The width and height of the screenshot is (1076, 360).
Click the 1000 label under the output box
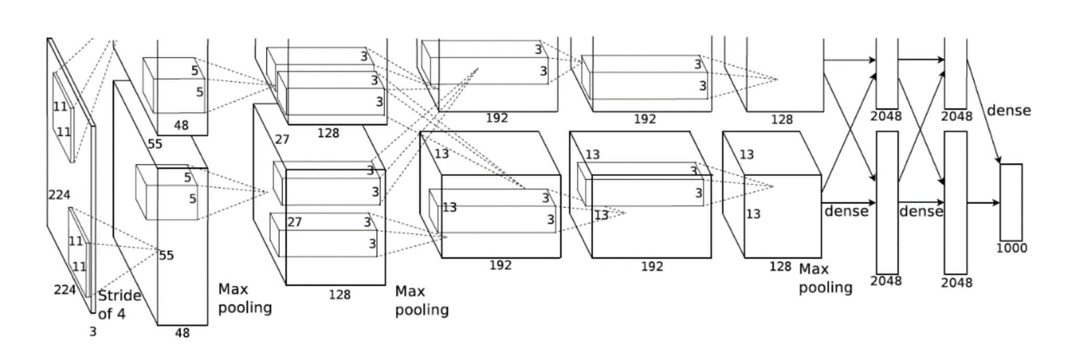[1011, 248]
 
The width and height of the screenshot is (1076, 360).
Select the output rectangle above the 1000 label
[1011, 202]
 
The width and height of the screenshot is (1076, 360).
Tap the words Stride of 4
[119, 305]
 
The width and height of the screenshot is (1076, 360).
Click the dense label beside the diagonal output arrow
[1009, 110]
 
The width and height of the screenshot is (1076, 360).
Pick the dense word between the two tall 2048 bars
[921, 211]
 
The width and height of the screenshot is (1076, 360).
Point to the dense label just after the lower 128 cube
[847, 211]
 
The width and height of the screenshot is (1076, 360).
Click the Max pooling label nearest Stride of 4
[245, 299]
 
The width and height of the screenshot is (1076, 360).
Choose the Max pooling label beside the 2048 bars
[825, 278]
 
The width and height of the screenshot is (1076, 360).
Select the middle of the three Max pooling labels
[421, 301]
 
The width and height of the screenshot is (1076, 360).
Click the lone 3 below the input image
[93, 332]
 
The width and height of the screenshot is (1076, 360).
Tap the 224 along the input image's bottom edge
[65, 290]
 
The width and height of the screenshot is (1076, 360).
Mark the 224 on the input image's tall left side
[59, 195]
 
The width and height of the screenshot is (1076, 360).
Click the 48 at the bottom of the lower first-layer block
[182, 333]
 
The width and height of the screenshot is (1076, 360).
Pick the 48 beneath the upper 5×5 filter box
[181, 125]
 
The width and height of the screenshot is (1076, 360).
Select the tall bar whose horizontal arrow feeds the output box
[956, 202]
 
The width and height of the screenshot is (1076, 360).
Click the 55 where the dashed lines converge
[166, 255]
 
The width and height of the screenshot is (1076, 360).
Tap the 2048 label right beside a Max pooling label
[886, 281]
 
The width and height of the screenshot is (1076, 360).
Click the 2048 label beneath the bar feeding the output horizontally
[956, 282]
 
